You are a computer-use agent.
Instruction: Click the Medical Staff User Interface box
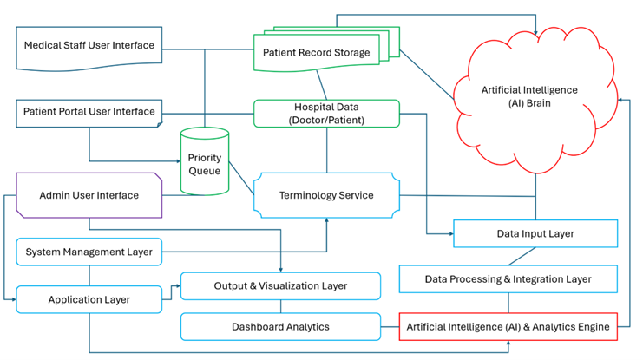[89, 46]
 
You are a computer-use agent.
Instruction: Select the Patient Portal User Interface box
[89, 112]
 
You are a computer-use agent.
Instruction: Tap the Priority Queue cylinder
[205, 163]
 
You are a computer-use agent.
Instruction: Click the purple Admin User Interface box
[89, 195]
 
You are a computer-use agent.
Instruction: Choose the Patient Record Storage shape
[317, 53]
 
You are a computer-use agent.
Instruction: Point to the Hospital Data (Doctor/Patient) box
[326, 113]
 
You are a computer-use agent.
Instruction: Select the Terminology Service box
[326, 195]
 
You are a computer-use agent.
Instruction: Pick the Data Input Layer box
[535, 233]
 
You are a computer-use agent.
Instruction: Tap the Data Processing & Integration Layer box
[508, 279]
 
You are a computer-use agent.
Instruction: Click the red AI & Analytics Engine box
[508, 327]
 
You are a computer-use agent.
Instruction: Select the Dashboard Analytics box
[280, 327]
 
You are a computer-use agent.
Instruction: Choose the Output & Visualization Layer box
[280, 285]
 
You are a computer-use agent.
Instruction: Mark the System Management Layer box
[89, 252]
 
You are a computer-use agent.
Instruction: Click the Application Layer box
[89, 299]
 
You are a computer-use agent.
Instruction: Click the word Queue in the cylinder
[205, 171]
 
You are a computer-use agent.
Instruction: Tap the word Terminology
[305, 195]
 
